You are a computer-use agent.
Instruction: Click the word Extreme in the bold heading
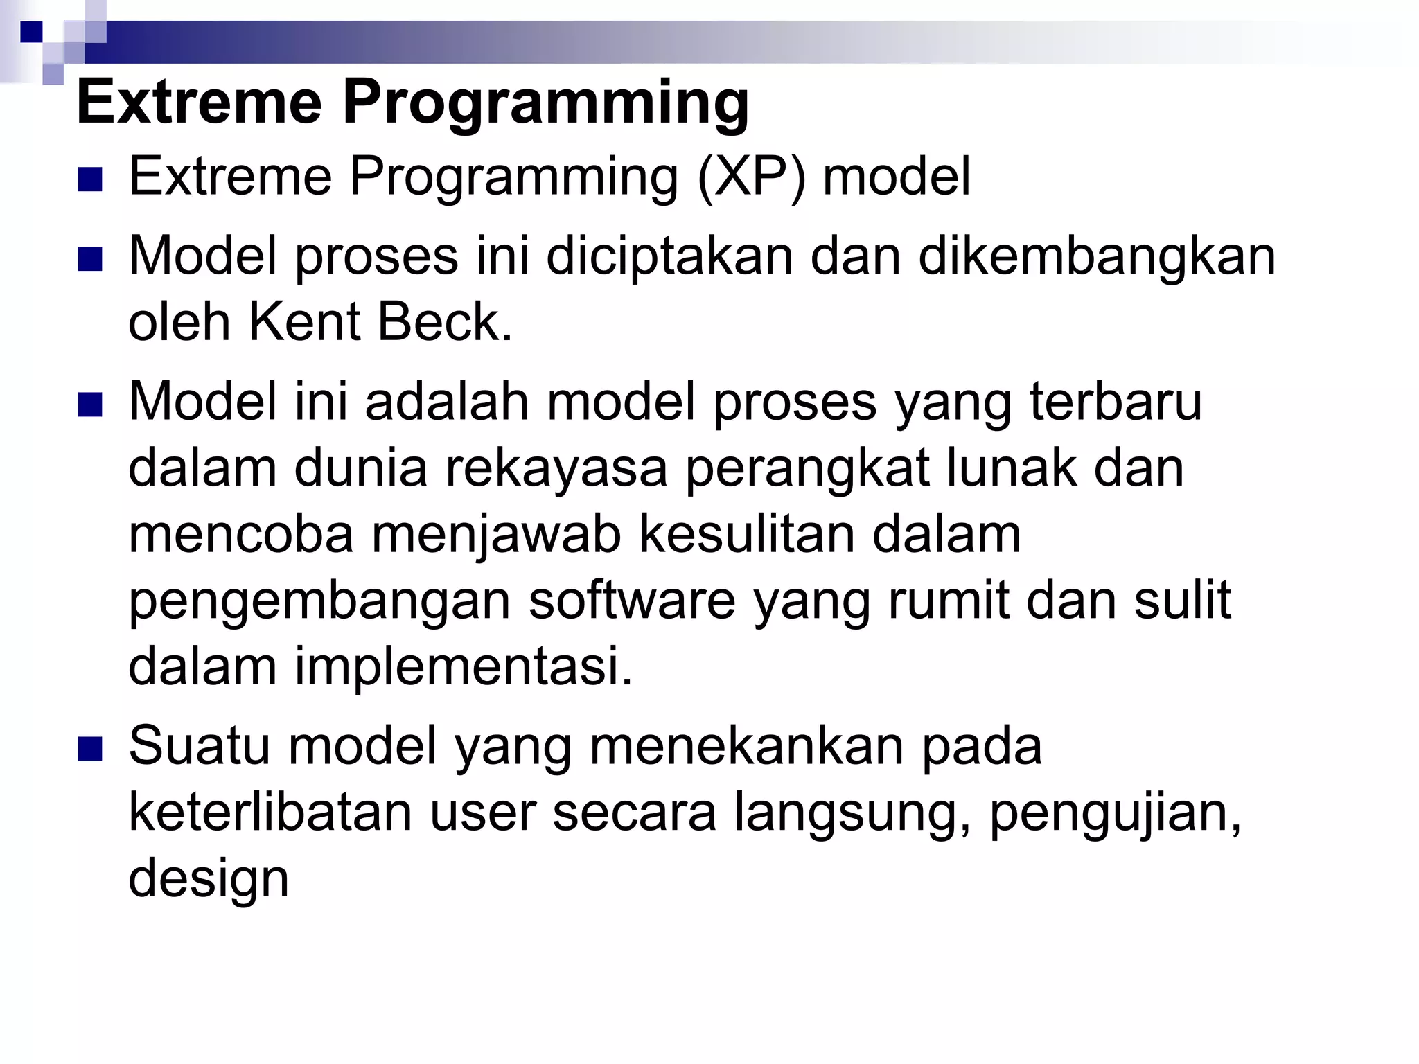pyautogui.click(x=200, y=103)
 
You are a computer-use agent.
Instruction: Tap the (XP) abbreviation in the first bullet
pyautogui.click(x=751, y=177)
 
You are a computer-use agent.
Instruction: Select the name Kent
pyautogui.click(x=305, y=322)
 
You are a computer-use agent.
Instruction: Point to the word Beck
pyautogui.click(x=443, y=322)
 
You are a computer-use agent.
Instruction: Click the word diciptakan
pyautogui.click(x=669, y=256)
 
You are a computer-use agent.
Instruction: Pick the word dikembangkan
pyautogui.click(x=1097, y=256)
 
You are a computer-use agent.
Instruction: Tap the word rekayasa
pyautogui.click(x=556, y=468)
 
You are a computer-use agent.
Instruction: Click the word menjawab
pyautogui.click(x=496, y=535)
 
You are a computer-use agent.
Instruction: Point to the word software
pyautogui.click(x=632, y=601)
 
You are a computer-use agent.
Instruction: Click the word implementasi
pyautogui.click(x=464, y=666)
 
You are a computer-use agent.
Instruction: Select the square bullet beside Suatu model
pyautogui.click(x=90, y=749)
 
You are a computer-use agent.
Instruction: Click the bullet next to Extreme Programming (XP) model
pyautogui.click(x=90, y=179)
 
